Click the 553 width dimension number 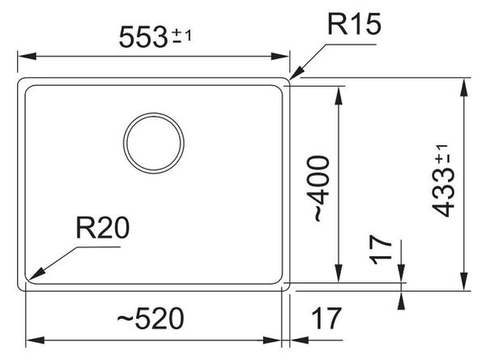click(x=143, y=37)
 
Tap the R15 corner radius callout click(x=354, y=24)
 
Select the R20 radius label click(x=103, y=228)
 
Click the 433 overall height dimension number click(x=443, y=193)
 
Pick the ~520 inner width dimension click(x=151, y=318)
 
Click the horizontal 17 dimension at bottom click(x=326, y=318)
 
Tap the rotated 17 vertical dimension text click(x=381, y=250)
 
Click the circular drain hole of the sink click(x=154, y=143)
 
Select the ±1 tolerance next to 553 click(x=182, y=36)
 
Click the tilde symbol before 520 click(x=126, y=318)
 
